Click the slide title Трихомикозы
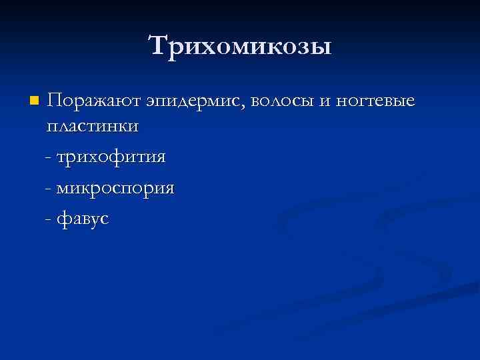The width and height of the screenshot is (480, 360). point(240,46)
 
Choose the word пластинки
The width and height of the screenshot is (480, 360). point(93,126)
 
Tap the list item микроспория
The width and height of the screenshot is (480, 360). point(115,188)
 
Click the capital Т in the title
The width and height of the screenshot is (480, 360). point(158,46)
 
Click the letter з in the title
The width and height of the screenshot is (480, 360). point(299,48)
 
